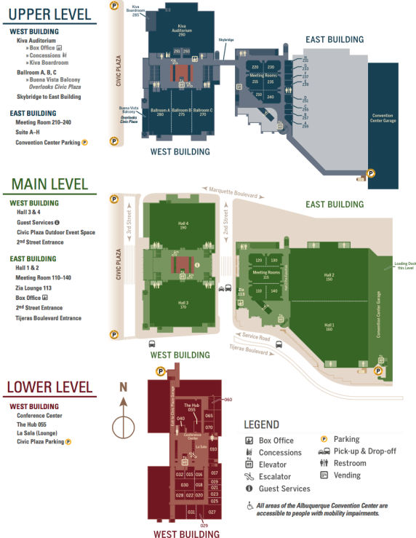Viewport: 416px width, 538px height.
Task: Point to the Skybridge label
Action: pyautogui.click(x=226, y=40)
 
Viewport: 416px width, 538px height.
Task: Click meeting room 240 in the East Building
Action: pyautogui.click(x=270, y=96)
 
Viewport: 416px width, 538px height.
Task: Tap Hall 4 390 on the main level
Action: pyautogui.click(x=182, y=226)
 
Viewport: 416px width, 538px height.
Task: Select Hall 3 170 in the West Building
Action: pyautogui.click(x=182, y=304)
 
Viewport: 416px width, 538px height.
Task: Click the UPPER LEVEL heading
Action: pyautogui.click(x=50, y=15)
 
